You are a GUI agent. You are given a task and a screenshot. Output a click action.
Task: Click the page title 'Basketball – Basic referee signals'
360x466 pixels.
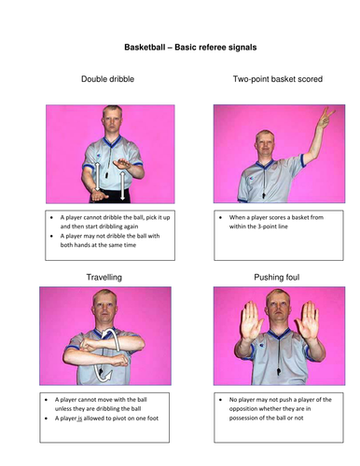click(x=190, y=48)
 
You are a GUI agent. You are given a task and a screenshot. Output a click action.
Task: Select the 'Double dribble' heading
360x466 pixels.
click(x=107, y=79)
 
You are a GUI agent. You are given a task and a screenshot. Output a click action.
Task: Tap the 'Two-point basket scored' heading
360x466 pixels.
click(x=278, y=79)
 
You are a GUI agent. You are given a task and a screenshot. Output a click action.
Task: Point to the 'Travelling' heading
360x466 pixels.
click(x=104, y=277)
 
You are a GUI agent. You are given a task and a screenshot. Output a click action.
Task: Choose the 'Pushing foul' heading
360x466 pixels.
click(x=277, y=277)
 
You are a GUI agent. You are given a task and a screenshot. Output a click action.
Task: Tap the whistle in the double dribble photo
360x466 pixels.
click(x=106, y=174)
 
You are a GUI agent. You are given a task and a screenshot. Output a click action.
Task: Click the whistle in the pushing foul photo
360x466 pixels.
click(x=278, y=371)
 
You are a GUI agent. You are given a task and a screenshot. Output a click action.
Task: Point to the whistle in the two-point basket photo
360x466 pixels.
click(x=264, y=196)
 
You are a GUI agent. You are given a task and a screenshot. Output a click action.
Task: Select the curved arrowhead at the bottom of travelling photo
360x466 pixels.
click(x=107, y=377)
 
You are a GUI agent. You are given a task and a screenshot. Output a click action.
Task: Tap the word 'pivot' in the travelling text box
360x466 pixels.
click(x=122, y=418)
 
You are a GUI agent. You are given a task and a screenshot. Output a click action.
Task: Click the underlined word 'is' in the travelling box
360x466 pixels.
click(x=79, y=418)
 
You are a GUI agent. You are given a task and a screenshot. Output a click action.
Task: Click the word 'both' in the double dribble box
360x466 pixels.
click(x=66, y=245)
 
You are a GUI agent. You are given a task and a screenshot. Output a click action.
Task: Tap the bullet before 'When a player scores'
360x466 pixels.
click(x=220, y=217)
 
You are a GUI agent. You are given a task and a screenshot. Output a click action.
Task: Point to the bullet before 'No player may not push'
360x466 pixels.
click(x=220, y=400)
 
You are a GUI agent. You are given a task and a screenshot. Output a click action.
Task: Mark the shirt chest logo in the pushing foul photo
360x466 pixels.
click(x=261, y=346)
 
